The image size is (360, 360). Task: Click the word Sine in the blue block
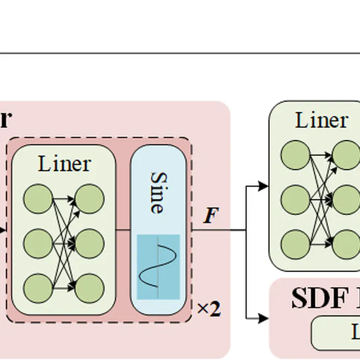click(x=158, y=192)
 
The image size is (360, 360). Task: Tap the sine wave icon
click(x=158, y=267)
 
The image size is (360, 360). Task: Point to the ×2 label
click(x=209, y=309)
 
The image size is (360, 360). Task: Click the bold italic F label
click(x=211, y=215)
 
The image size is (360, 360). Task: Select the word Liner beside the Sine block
click(x=64, y=164)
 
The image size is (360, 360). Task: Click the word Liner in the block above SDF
click(x=322, y=120)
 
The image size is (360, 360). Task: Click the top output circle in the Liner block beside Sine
click(x=90, y=199)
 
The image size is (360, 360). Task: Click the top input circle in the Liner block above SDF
click(x=295, y=156)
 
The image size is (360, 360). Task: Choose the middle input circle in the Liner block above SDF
click(x=295, y=200)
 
